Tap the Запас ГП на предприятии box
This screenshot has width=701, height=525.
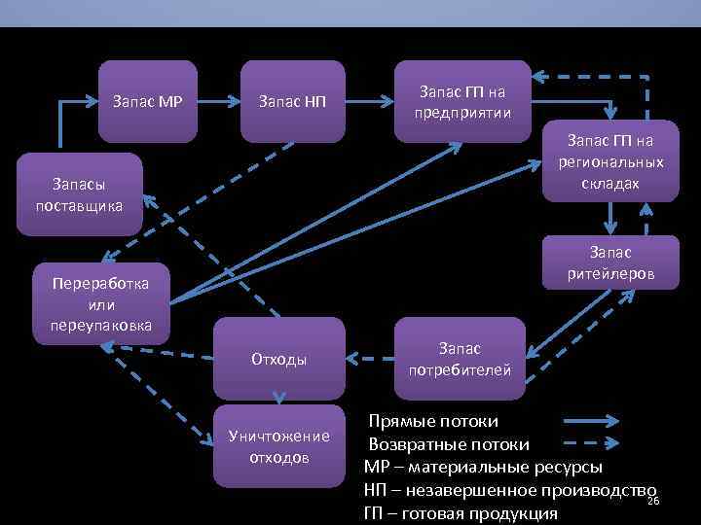tap(462, 100)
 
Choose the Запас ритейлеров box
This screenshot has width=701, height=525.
tap(609, 263)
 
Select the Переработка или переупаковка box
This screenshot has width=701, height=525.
tap(102, 303)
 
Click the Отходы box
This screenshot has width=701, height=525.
tap(279, 360)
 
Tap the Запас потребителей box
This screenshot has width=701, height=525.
tap(460, 359)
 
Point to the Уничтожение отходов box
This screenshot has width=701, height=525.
tap(279, 445)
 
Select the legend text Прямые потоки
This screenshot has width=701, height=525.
tap(433, 422)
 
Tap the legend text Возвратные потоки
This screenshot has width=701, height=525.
tap(449, 444)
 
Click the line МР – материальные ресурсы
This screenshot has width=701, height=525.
tap(483, 467)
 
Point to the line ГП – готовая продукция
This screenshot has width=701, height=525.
tap(461, 512)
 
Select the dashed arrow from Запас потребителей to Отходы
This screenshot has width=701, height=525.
tap(369, 360)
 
